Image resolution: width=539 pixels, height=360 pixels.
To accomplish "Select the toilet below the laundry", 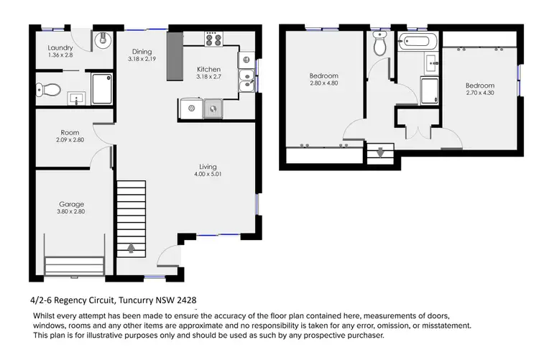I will (x=48, y=90).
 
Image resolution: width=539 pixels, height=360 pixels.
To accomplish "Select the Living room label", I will (x=208, y=166).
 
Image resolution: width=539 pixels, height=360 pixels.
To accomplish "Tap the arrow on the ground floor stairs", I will (x=131, y=249).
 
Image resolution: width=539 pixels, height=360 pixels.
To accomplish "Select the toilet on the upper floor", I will (x=380, y=45).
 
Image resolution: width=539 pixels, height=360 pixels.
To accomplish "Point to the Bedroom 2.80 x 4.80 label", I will (x=324, y=75).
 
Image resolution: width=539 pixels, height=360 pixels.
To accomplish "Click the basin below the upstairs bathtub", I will (x=431, y=64).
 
